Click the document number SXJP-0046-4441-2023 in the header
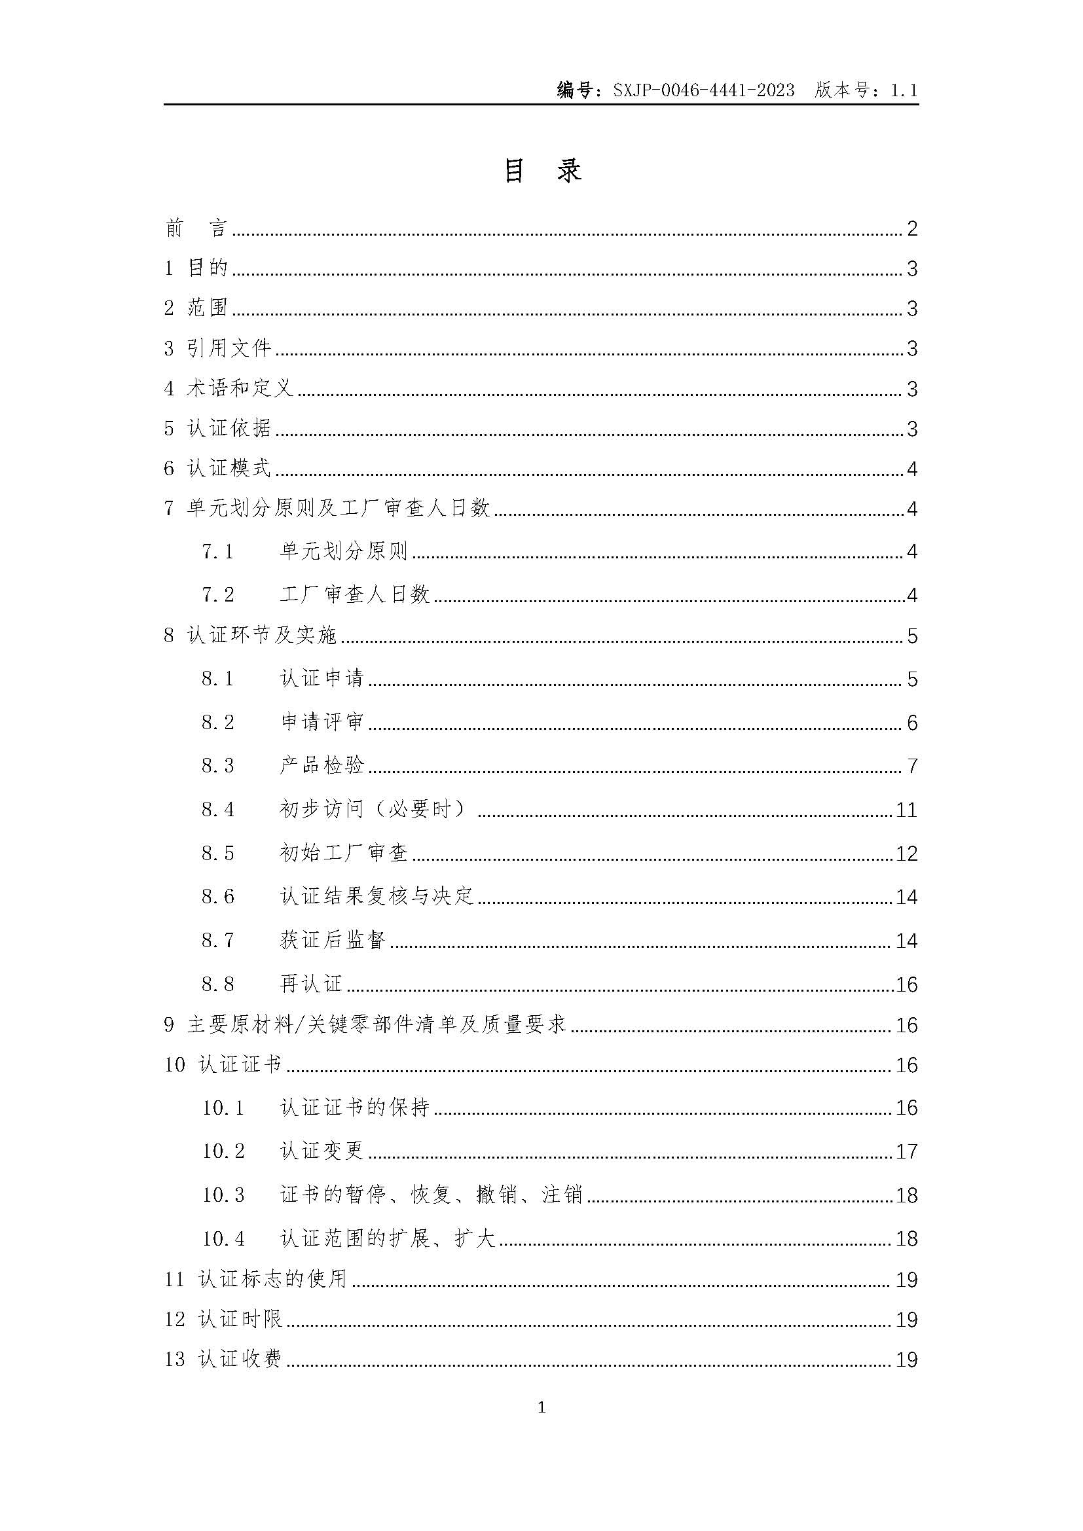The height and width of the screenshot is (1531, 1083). coord(703,90)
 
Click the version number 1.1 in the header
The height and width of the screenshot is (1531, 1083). coord(904,90)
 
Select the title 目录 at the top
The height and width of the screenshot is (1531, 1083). coord(541,171)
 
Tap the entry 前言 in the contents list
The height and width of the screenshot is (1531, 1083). coord(196,228)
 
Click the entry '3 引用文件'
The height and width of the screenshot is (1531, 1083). coord(218,348)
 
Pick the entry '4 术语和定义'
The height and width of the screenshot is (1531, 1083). coord(229,388)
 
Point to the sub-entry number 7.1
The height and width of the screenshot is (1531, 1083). coord(218,551)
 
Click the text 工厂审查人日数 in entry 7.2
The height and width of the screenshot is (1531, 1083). coord(355,594)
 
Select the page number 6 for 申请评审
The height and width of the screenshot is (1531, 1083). coord(911,723)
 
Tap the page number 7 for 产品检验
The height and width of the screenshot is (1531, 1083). coord(911,766)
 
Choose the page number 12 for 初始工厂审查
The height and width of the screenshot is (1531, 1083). coord(906,854)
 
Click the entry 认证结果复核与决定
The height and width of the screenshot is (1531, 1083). coord(376,897)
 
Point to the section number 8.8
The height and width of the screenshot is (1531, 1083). coord(218,984)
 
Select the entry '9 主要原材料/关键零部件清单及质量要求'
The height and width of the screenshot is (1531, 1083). coord(365,1025)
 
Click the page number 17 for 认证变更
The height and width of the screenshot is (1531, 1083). coord(906,1151)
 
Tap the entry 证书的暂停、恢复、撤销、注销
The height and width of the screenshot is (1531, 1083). coord(431,1195)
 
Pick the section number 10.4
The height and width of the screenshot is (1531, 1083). coord(223,1239)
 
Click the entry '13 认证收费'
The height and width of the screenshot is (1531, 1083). coord(223,1360)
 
